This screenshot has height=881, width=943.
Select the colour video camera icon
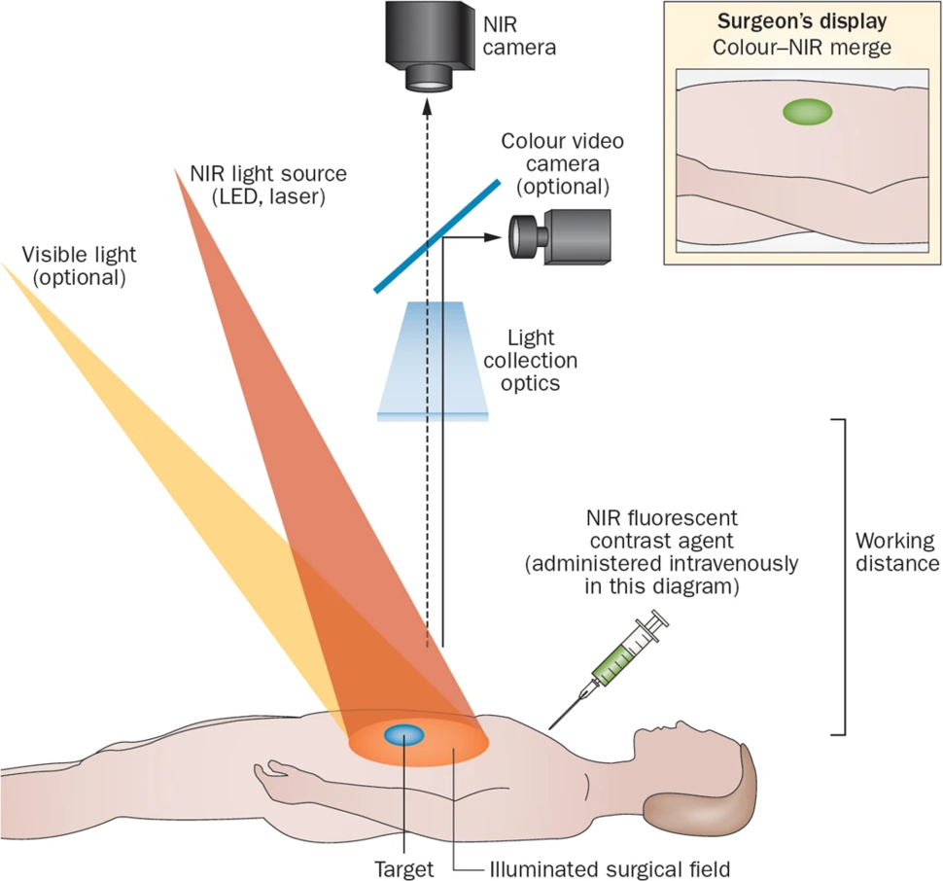558,234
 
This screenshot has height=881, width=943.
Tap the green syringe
627,651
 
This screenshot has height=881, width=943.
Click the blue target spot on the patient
402,735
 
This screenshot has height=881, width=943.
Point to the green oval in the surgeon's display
808,112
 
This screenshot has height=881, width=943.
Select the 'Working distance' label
893,551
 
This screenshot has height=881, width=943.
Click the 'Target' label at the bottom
404,866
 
